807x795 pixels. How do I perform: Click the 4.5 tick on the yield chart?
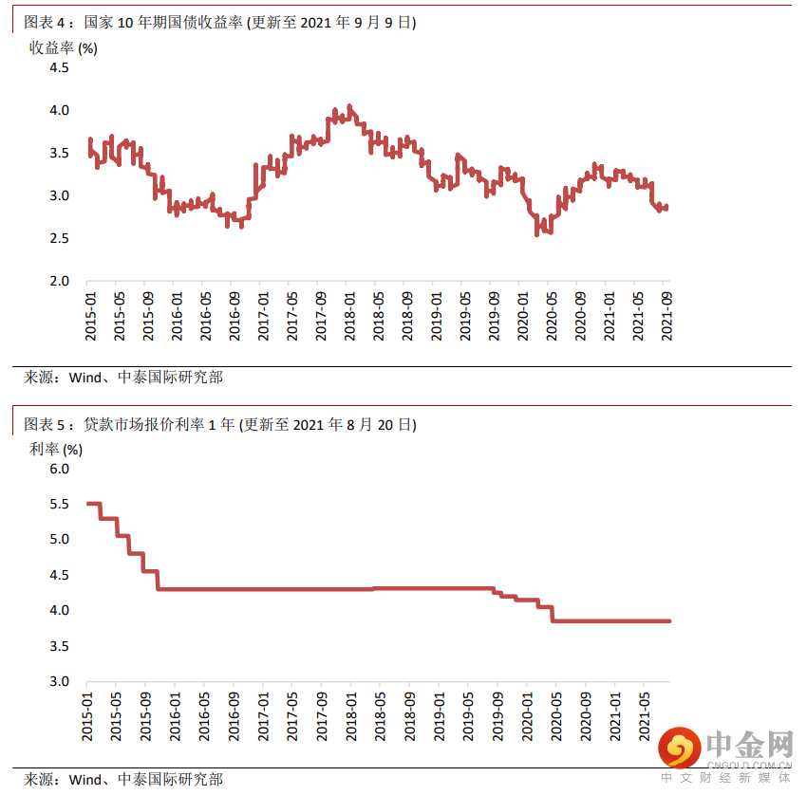[59, 67]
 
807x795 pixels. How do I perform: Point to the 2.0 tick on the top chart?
[59, 281]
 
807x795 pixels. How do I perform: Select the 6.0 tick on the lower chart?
[59, 469]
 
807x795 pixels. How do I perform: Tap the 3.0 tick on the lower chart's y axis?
[59, 681]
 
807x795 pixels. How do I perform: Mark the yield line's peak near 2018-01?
[349, 106]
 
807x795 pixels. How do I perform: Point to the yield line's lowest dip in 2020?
[537, 233]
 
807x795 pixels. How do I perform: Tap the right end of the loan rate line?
[669, 621]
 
